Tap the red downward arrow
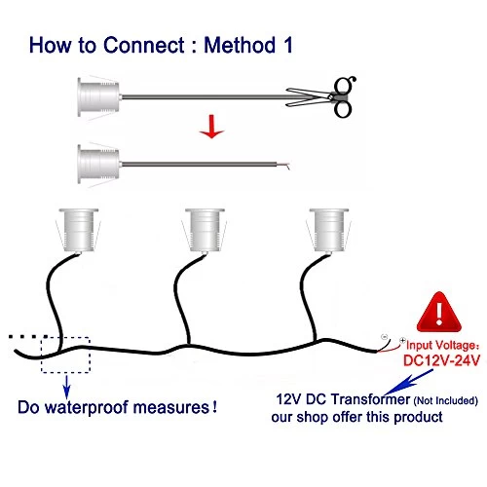(x=211, y=127)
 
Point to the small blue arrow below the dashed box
(x=66, y=387)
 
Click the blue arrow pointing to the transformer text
(x=408, y=382)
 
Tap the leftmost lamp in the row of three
(x=79, y=230)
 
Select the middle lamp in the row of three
(x=205, y=230)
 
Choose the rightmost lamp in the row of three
(x=329, y=230)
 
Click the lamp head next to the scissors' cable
(x=98, y=96)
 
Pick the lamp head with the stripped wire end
(x=98, y=164)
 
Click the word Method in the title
(x=240, y=45)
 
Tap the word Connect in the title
(x=144, y=45)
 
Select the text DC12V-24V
(x=441, y=360)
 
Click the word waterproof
(x=88, y=408)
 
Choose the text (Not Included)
(x=445, y=400)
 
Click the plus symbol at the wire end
(x=402, y=341)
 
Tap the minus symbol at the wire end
(x=385, y=336)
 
